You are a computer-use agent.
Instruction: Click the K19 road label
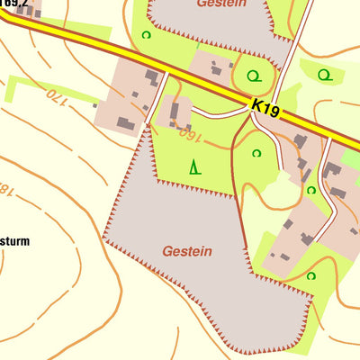coord(266,111)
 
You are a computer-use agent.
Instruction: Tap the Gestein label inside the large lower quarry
coord(187,251)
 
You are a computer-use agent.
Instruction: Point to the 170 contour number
coord(56,94)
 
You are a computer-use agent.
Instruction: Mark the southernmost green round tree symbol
coord(310,275)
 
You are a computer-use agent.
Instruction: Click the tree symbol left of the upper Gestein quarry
coord(146,35)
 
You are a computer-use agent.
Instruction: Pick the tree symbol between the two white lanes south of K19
coord(310,190)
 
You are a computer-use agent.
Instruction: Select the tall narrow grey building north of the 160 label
coord(174,111)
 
